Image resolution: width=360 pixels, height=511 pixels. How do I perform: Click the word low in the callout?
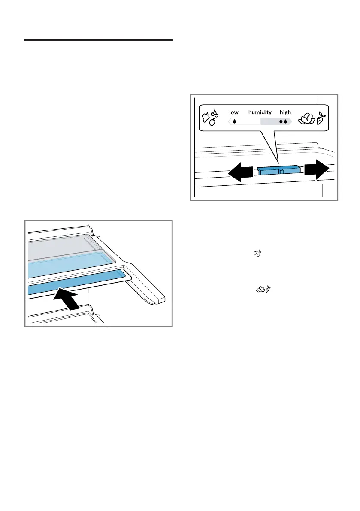pyautogui.click(x=234, y=112)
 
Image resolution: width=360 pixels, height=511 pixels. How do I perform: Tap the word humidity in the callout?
pyautogui.click(x=260, y=112)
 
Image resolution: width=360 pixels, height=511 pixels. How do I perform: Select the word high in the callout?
pyautogui.click(x=285, y=112)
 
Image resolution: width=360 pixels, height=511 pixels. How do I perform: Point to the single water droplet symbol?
pyautogui.click(x=234, y=121)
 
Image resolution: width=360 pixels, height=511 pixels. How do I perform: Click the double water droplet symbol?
pyautogui.click(x=283, y=121)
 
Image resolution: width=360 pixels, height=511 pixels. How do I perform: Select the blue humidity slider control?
pyautogui.click(x=279, y=171)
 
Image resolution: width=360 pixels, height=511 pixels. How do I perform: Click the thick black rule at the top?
pyautogui.click(x=98, y=40)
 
